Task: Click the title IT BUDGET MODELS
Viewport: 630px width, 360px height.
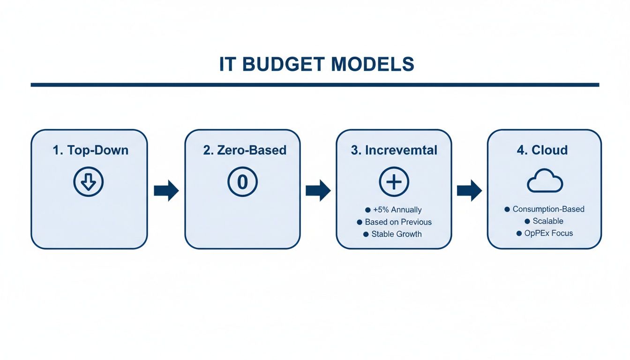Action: [316, 64]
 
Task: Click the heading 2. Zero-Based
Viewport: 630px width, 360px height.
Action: [245, 150]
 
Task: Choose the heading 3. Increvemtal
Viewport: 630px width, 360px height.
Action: [394, 150]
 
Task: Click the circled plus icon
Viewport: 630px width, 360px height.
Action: [394, 181]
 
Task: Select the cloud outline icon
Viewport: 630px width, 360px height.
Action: [545, 181]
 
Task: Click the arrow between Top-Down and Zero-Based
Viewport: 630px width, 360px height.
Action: [166, 190]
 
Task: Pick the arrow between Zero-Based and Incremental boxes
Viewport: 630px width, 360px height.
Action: [318, 190]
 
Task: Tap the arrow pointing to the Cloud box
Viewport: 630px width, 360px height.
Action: [469, 190]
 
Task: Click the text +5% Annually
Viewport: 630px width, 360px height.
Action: [397, 210]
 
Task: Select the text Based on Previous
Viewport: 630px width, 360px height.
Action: [398, 222]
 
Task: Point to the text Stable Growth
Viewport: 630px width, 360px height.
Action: [396, 234]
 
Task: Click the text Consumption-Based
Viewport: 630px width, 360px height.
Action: [548, 209]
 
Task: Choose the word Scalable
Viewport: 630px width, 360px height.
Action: [548, 221]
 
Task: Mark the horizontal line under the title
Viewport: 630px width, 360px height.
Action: [315, 85]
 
